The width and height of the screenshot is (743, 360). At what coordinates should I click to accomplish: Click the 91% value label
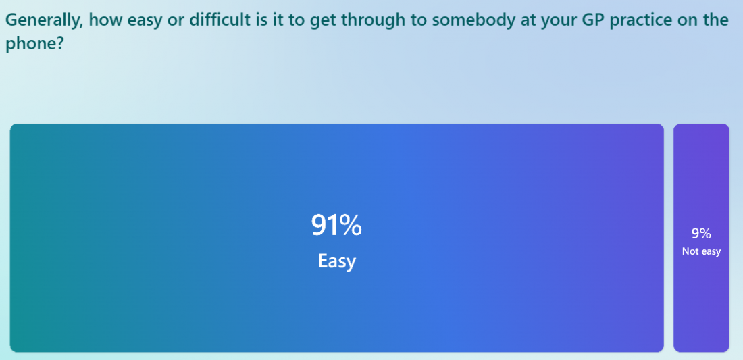point(336,226)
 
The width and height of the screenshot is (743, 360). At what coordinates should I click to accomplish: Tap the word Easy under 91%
point(336,261)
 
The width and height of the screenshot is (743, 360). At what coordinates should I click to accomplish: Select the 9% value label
point(701,234)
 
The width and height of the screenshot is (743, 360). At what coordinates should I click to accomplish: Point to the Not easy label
point(701,251)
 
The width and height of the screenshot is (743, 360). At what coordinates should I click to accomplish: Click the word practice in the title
point(643,20)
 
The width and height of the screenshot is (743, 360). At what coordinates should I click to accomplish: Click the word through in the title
point(374,20)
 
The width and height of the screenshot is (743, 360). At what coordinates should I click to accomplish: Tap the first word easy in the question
point(139,20)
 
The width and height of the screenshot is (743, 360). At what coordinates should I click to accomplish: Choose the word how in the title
point(101,20)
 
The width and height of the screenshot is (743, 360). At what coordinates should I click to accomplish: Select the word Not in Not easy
point(690,251)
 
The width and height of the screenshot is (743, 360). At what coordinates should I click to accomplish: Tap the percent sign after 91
point(351,226)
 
